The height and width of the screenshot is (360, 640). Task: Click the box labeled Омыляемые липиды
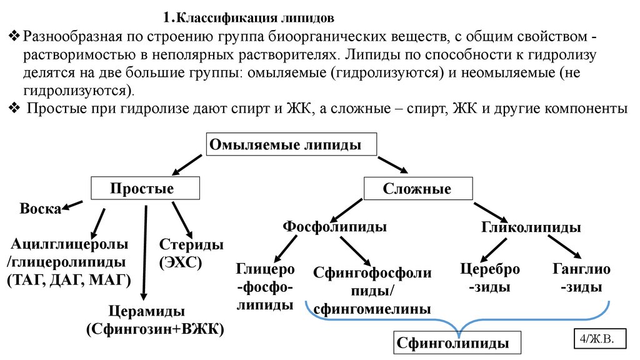(292, 144)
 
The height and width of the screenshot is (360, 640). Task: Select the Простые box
(144, 188)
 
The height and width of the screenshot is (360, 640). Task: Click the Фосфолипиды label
(334, 226)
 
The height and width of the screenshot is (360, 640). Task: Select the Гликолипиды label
(531, 227)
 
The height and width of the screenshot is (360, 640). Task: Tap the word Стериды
(191, 244)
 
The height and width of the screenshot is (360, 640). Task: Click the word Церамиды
(145, 311)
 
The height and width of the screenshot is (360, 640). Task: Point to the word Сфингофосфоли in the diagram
(372, 274)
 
